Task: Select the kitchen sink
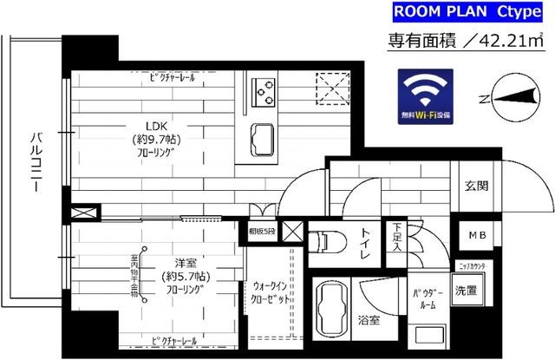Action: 263,137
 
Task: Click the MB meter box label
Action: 477,235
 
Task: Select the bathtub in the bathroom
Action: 330,307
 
